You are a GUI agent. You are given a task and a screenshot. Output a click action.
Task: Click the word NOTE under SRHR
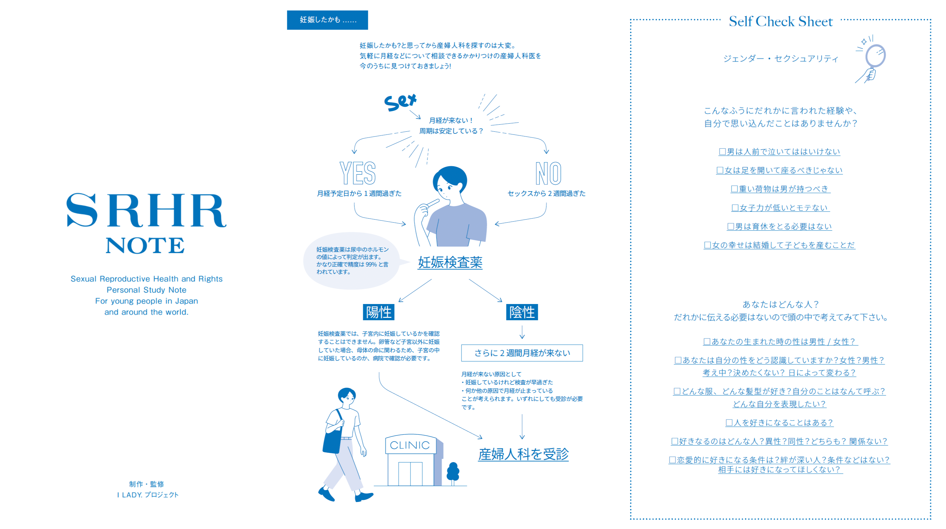point(145,246)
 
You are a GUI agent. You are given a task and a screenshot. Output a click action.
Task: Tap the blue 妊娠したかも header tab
point(327,20)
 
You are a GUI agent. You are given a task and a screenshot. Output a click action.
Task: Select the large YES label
point(357,173)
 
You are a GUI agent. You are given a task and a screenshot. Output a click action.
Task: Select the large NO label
point(548,173)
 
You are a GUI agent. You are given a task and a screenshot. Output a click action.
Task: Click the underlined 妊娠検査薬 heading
point(450,262)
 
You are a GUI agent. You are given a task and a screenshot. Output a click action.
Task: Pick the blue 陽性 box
point(379,312)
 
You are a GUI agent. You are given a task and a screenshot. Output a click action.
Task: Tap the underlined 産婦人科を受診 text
point(523,454)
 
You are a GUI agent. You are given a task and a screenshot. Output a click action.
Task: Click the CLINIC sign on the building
point(410,445)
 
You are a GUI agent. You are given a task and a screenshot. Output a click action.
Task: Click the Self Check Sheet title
point(781,21)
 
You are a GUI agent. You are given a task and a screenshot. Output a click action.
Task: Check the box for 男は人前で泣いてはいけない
point(722,152)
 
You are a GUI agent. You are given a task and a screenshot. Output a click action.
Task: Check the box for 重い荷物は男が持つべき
point(735,189)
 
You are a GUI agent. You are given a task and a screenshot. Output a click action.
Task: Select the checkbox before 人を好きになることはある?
point(729,423)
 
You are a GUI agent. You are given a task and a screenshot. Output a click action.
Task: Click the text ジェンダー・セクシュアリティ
point(781,59)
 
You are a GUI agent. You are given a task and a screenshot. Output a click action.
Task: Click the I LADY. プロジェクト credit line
point(148,495)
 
